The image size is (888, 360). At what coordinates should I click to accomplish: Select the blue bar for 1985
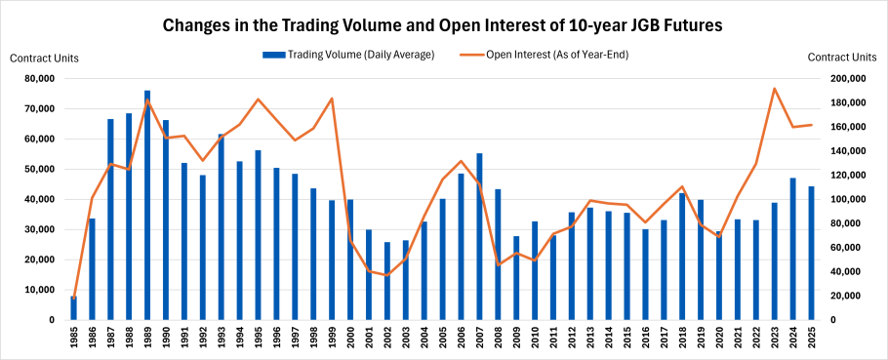(x=73, y=308)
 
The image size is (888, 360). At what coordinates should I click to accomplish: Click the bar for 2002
(x=387, y=281)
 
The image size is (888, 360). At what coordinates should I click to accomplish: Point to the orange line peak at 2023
(x=774, y=89)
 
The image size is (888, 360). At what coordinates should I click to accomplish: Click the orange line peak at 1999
(x=332, y=99)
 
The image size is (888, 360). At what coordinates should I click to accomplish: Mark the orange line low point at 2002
(x=387, y=275)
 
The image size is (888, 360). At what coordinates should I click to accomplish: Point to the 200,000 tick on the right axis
(x=846, y=79)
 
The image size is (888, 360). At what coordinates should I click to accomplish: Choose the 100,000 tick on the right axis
(x=846, y=199)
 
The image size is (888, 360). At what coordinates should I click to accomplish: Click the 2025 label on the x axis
(x=811, y=339)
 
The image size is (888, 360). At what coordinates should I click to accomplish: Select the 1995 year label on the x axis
(x=259, y=339)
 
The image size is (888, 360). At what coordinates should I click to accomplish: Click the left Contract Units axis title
(x=44, y=59)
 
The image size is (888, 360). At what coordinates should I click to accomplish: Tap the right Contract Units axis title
(x=843, y=59)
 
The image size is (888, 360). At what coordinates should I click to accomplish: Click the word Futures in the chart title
(x=688, y=24)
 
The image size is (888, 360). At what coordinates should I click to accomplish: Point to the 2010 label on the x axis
(x=535, y=339)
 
